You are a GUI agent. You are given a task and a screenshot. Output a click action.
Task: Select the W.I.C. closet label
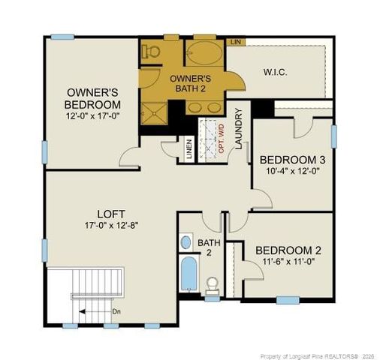tap(276, 72)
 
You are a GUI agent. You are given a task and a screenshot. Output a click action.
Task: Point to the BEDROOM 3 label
tap(292, 160)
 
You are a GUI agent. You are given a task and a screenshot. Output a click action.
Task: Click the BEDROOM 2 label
tap(288, 250)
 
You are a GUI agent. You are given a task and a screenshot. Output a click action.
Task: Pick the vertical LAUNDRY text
tap(239, 130)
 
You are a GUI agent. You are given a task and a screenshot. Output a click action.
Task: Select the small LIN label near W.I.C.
tap(236, 41)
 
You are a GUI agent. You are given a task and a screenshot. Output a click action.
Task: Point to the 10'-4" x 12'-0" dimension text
tap(292, 171)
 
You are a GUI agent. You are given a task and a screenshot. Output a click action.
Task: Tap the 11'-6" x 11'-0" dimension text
tap(288, 262)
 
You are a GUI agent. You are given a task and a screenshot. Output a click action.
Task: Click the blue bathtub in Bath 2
tap(188, 274)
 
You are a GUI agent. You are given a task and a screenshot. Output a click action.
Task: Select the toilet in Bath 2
tap(213, 285)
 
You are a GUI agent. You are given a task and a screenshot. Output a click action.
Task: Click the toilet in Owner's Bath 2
tap(151, 49)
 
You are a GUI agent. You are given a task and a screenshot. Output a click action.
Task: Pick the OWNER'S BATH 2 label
tap(191, 82)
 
